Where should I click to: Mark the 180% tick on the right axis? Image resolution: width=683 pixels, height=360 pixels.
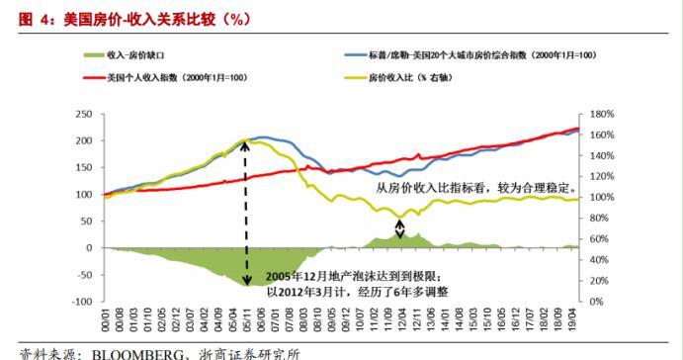click(x=601, y=115)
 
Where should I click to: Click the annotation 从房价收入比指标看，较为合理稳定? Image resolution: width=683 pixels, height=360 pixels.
click(x=475, y=186)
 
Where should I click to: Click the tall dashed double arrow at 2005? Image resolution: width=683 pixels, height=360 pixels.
click(x=246, y=213)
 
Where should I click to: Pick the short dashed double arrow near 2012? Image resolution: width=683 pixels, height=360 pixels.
click(x=399, y=228)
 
